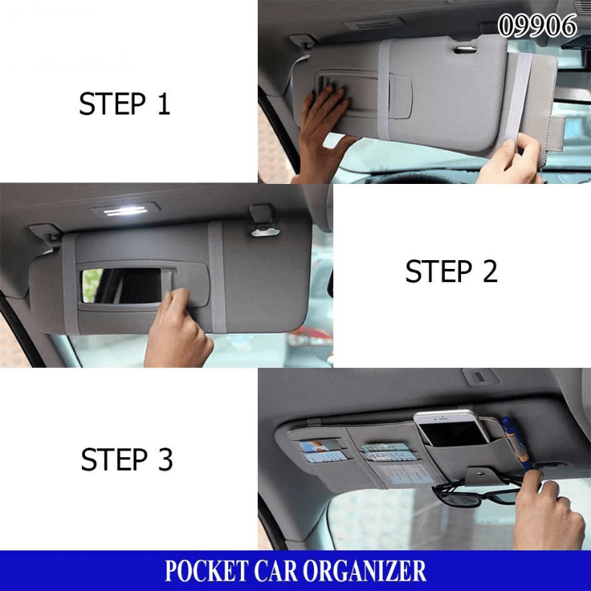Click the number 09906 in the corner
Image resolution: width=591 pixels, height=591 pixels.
537,26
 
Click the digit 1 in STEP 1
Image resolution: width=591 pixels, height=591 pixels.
163,103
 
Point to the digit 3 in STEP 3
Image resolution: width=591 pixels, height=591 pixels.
165,460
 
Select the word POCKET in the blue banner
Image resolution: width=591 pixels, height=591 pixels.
204,571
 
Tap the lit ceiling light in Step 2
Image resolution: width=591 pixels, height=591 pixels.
126,211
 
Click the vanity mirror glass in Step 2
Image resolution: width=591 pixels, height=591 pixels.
122,284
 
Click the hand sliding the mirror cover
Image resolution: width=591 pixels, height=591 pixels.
177,332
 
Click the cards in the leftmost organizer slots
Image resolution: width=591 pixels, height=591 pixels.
321,451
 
